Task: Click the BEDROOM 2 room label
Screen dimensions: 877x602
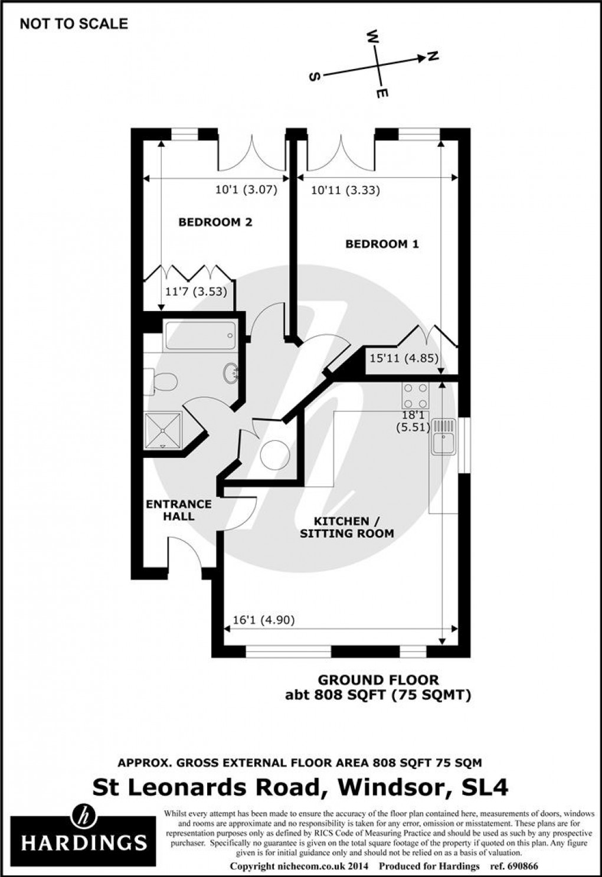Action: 215,222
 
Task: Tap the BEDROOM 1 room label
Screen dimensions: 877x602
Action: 382,244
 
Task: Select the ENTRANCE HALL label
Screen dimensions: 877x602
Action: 178,510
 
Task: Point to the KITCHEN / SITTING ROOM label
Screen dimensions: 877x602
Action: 346,527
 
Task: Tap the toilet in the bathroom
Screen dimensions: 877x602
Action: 163,382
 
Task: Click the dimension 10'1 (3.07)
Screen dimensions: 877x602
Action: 246,190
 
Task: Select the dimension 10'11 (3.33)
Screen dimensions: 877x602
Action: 345,190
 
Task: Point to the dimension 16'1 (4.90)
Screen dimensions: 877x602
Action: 263,620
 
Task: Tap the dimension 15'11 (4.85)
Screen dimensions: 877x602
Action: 404,358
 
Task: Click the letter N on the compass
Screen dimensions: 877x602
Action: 433,56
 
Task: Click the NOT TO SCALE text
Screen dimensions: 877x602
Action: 74,24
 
